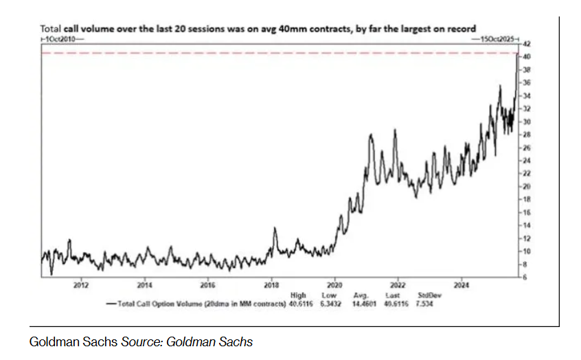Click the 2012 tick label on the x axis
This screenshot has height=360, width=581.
[81, 284]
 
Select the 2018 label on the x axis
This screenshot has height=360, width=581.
[271, 284]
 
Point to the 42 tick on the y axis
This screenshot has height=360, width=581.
[525, 43]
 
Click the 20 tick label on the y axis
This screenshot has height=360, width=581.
[525, 186]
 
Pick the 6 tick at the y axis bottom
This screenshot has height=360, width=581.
[525, 277]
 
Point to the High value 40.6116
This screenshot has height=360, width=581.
[297, 302]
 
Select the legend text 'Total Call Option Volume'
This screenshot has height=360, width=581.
[155, 302]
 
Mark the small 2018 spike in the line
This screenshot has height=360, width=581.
[274, 229]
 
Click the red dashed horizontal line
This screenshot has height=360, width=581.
[275, 53]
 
